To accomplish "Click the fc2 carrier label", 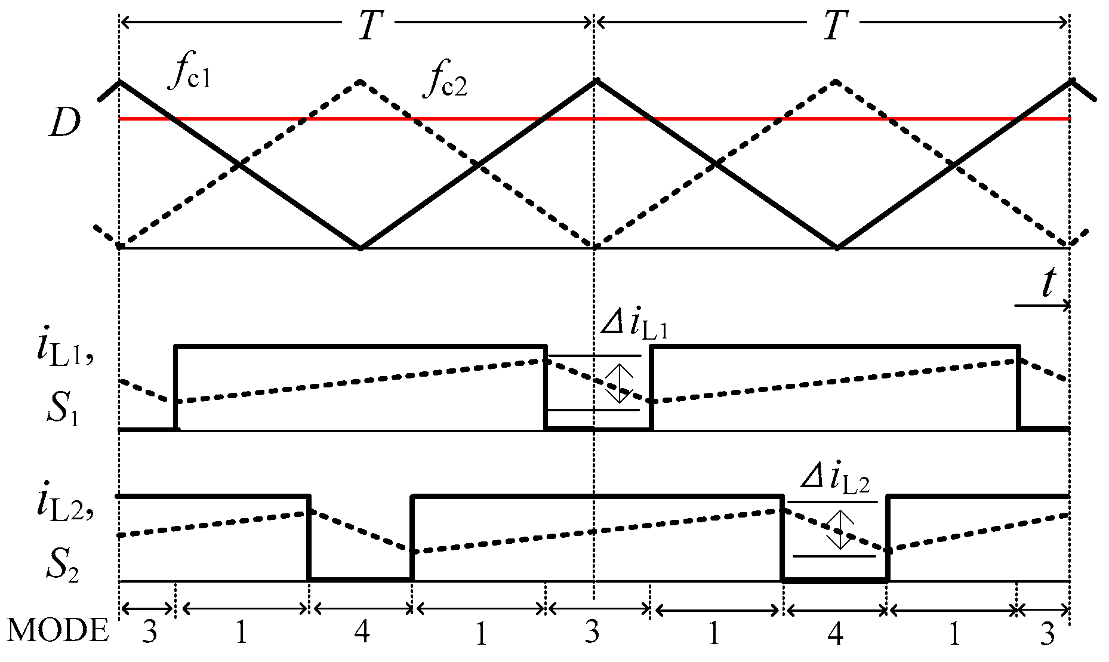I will [445, 83].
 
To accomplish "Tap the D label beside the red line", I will [64, 124].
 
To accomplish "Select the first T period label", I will [368, 26].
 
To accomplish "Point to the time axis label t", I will [1048, 284].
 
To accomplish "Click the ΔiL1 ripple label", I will [634, 327].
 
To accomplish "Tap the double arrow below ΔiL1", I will [619, 383].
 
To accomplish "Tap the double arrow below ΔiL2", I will [839, 529].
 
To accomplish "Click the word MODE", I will [58, 631].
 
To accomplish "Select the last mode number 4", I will [836, 633].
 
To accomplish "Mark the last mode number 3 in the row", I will [1048, 634].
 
